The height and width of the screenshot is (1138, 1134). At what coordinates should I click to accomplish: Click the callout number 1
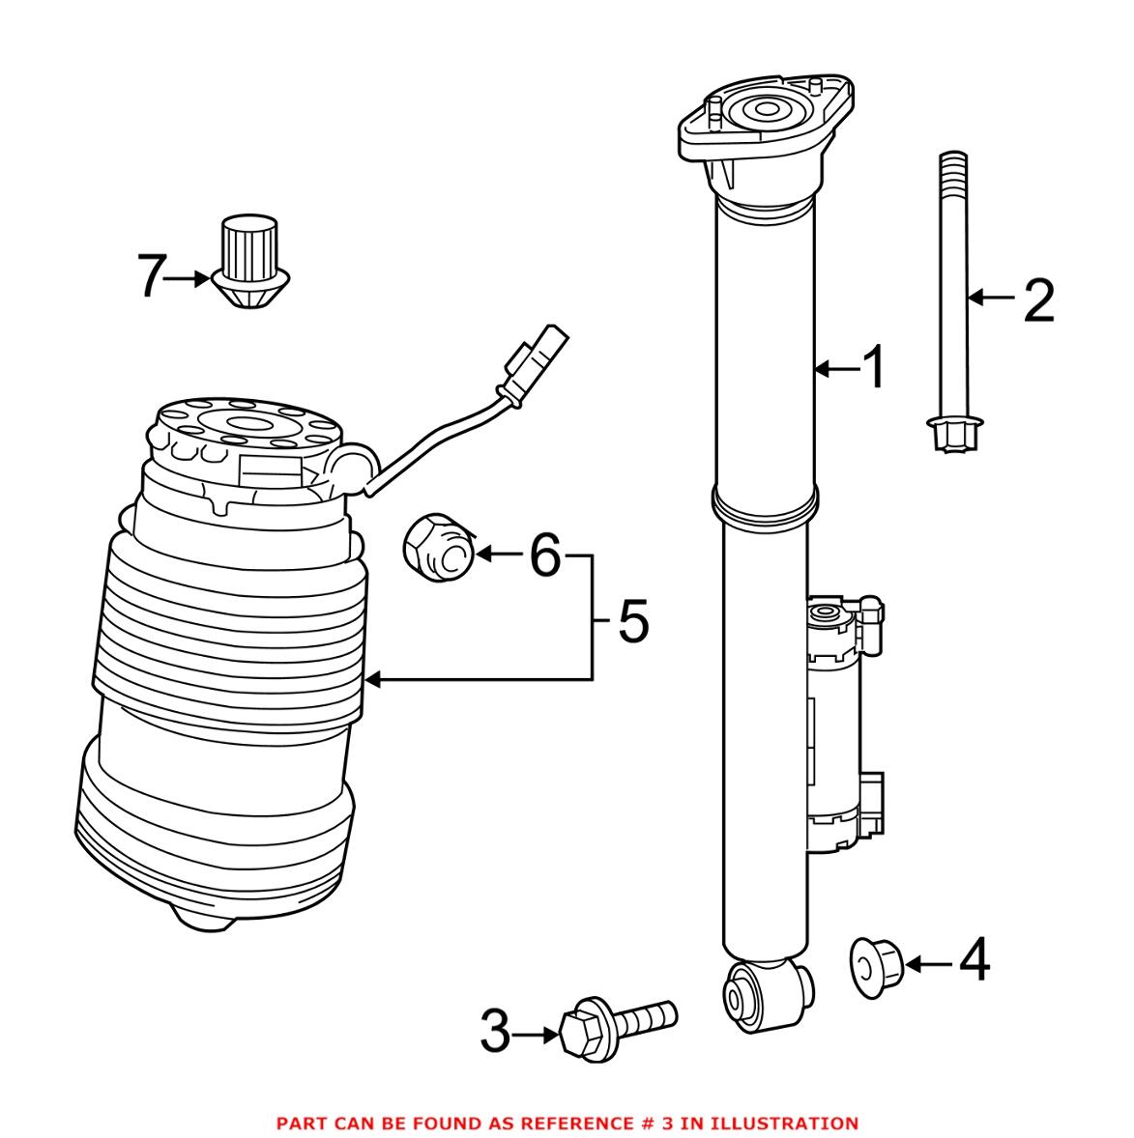point(874,368)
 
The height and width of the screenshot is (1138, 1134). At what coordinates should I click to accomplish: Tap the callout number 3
point(495,1033)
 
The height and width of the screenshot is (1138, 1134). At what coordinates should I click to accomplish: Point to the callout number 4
point(973,962)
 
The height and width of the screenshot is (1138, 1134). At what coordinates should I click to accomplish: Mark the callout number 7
point(152,278)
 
